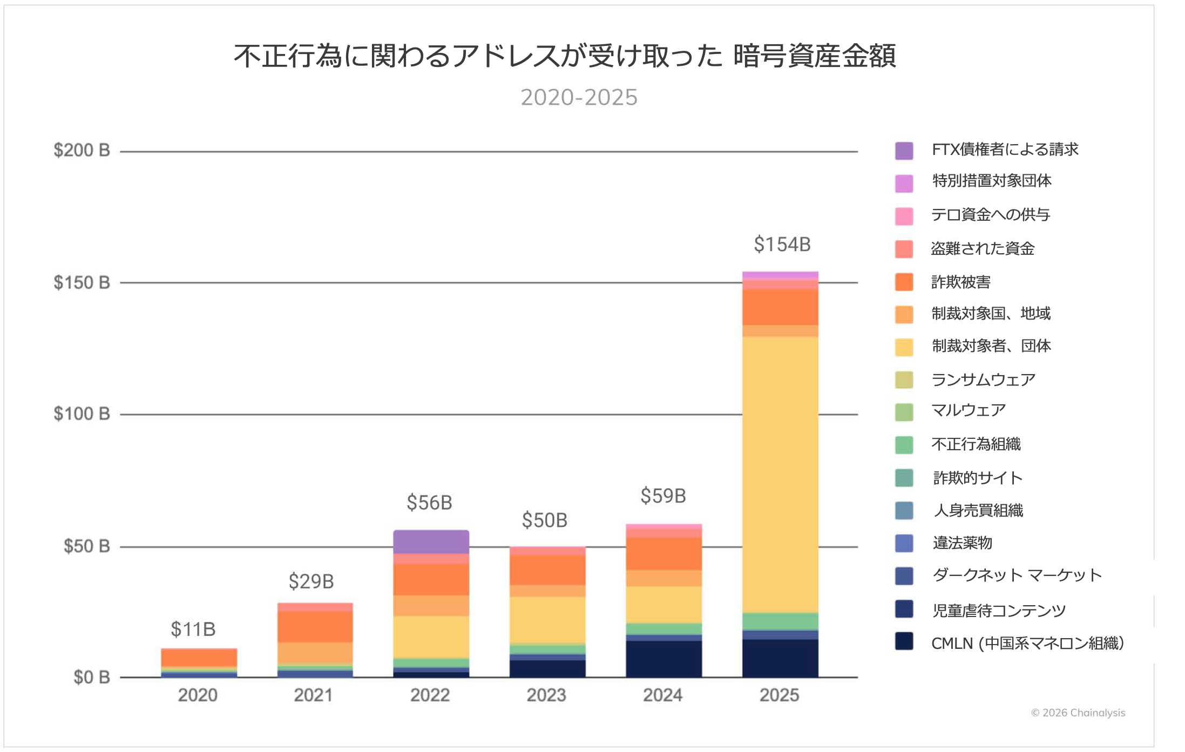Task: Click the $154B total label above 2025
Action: tap(782, 245)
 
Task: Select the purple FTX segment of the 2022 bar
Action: tap(431, 541)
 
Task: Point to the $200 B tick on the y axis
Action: tap(82, 150)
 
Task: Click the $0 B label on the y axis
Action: tap(92, 677)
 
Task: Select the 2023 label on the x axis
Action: tap(546, 695)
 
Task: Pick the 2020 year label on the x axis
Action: tap(198, 695)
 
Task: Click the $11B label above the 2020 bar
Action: tap(193, 629)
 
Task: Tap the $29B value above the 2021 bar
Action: tap(311, 581)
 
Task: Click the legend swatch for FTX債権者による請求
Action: tap(904, 151)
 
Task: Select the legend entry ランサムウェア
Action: tap(983, 380)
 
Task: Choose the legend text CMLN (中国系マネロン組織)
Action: tap(1027, 643)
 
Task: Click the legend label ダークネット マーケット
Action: tap(1017, 575)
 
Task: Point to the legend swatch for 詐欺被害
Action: tap(904, 282)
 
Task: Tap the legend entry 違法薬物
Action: tap(962, 543)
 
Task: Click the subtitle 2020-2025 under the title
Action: tap(579, 98)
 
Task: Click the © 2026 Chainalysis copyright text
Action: tap(1078, 713)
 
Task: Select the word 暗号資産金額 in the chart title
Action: tap(814, 56)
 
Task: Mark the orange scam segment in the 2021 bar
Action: tap(315, 627)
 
